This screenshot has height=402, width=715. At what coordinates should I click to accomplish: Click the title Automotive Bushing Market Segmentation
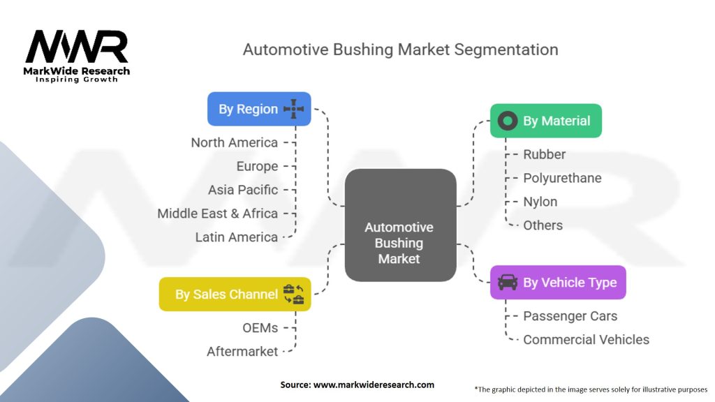point(400,50)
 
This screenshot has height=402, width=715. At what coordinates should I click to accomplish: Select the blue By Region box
point(259,109)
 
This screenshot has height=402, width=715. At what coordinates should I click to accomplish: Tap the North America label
point(235,142)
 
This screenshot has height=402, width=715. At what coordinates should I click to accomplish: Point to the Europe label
point(257,166)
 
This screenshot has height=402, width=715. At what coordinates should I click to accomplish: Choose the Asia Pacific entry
point(243,190)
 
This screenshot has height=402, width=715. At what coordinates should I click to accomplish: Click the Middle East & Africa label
point(217,214)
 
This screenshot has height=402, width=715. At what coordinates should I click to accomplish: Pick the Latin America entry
point(237,237)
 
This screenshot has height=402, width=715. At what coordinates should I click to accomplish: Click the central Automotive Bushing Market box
point(399,225)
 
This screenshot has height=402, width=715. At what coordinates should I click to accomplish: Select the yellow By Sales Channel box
point(235,294)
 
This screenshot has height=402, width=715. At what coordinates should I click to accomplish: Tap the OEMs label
point(260,328)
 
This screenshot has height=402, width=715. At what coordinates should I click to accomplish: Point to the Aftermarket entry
point(242,352)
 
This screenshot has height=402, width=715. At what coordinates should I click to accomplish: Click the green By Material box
point(545,121)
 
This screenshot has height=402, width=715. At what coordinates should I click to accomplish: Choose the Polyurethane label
point(562,178)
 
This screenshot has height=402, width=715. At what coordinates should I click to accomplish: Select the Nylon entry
point(540,202)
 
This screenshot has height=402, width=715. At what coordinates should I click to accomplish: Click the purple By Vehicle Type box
point(558,282)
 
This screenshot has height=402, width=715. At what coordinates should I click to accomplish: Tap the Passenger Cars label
point(570,316)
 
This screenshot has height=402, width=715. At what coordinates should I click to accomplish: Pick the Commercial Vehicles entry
point(586,340)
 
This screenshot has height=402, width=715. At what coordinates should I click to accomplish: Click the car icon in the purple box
point(508,282)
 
